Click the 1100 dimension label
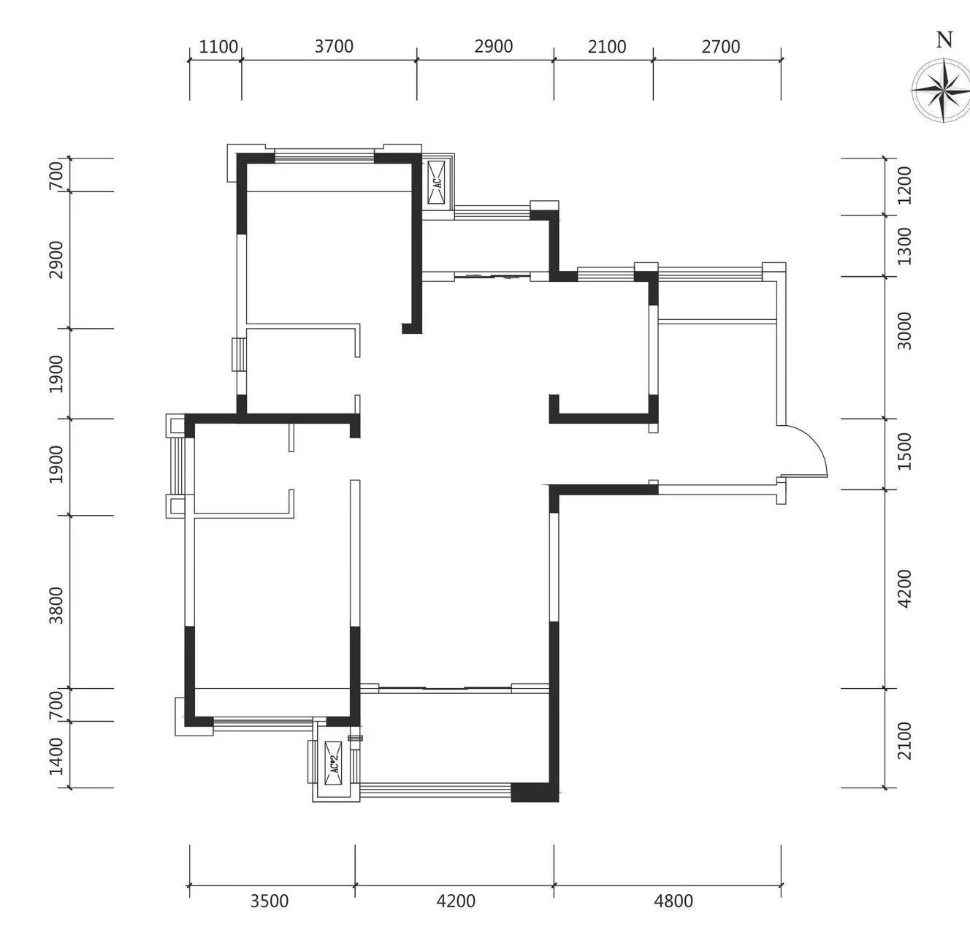pos(218,47)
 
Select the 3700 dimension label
pos(334,46)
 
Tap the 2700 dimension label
pos(721,46)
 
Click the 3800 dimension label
pos(57,606)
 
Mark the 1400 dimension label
pos(57,757)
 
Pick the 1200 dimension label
pos(904,186)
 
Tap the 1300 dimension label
pos(904,246)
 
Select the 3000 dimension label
pos(904,331)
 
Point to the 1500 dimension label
pos(904,451)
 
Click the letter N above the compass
pos(944,40)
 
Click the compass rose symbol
pos(942,90)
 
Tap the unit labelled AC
pos(438,182)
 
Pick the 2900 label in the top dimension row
pos(494,46)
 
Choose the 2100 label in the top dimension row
pos(607,47)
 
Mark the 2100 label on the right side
pos(904,741)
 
